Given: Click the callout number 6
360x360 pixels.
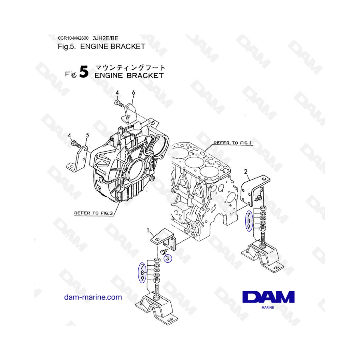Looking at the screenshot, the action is click(133, 92).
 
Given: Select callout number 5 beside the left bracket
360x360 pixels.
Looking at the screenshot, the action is click(88, 135).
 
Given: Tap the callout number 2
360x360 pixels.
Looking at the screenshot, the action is click(246, 172).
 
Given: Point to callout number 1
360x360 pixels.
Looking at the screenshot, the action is click(148, 230).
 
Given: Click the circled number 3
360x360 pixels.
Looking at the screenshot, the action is click(168, 258).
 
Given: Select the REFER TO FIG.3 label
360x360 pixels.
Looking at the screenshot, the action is click(94, 213).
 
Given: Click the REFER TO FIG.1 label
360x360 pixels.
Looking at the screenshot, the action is click(232, 143).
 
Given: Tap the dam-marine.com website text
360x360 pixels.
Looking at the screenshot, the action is click(93, 297).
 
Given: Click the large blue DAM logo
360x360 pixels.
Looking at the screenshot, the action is click(268, 297).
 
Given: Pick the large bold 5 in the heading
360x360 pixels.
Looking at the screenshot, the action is click(84, 72).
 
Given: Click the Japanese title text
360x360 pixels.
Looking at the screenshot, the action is click(130, 68).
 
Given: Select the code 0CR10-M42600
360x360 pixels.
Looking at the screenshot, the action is click(73, 38).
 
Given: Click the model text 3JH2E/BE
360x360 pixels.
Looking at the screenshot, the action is click(106, 38).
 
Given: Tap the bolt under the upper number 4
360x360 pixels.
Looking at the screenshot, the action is click(119, 103).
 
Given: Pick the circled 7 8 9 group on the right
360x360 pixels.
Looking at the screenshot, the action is click(249, 221).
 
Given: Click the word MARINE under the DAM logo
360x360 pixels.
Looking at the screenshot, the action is click(268, 308).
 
